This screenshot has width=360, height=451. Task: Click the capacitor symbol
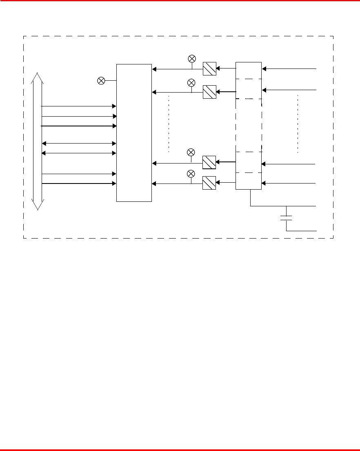pyautogui.click(x=287, y=218)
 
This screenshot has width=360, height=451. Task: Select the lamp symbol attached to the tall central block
pyautogui.click(x=101, y=81)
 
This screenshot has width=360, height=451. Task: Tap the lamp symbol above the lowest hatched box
pyautogui.click(x=191, y=174)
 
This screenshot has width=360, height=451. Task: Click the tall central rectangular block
pyautogui.click(x=134, y=133)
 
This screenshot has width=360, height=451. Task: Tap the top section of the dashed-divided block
pyautogui.click(x=249, y=70)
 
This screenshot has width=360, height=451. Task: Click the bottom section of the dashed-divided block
pyautogui.click(x=249, y=181)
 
